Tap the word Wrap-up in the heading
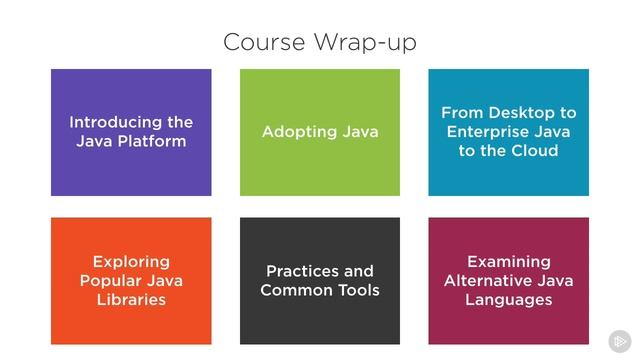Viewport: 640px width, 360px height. coord(365,43)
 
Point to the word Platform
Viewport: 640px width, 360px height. coord(151,141)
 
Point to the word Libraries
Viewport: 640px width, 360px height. coord(131,300)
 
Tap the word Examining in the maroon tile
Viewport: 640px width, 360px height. coord(509,262)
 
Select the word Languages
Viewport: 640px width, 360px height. coord(509,300)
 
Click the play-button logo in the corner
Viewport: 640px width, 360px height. coord(619,340)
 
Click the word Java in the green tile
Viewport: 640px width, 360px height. coord(357,132)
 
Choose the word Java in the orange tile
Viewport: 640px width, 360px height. coord(164,281)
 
